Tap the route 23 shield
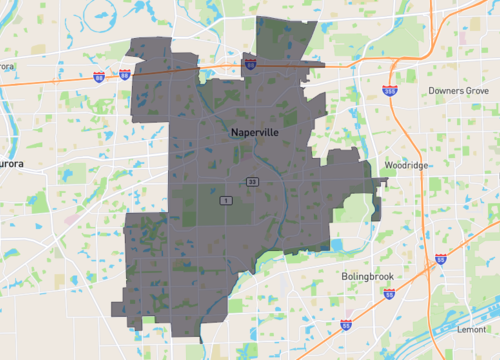[253, 181]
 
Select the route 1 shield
[227, 201]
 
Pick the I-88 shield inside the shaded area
[250, 64]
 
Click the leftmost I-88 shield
[99, 75]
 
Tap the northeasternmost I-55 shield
[441, 260]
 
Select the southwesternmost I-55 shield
[346, 325]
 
